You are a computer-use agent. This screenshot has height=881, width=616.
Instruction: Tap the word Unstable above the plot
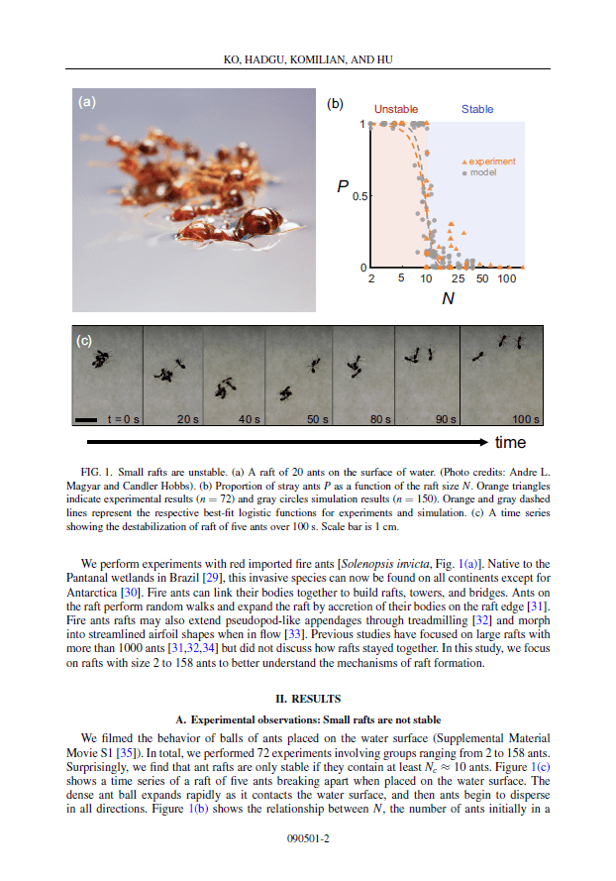click(395, 109)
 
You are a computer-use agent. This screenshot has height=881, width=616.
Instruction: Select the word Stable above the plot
click(477, 109)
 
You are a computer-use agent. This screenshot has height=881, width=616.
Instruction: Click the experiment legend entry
click(489, 161)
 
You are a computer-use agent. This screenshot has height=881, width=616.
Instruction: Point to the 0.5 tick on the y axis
click(359, 196)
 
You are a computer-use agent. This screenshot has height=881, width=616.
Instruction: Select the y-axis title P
click(342, 186)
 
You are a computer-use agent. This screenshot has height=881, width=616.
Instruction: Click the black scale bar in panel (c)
click(86, 419)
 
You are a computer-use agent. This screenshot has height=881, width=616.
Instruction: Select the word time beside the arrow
click(511, 442)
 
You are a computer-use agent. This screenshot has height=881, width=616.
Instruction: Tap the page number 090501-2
click(307, 838)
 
